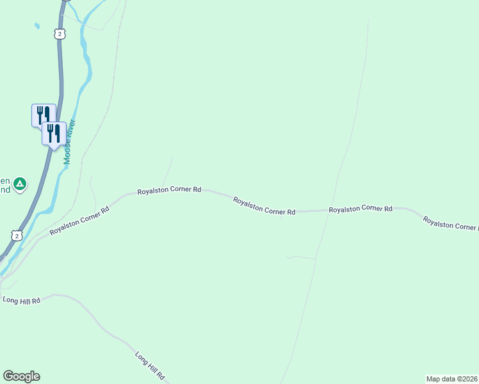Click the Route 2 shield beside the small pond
pyautogui.click(x=60, y=33)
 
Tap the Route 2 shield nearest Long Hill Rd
pyautogui.click(x=17, y=236)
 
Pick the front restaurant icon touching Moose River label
pyautogui.click(x=54, y=133)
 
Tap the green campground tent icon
pyautogui.click(x=20, y=184)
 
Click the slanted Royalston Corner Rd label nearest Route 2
pyautogui.click(x=79, y=221)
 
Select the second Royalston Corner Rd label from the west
pyautogui.click(x=170, y=190)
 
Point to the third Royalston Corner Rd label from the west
pyautogui.click(x=264, y=206)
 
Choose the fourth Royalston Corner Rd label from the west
pyautogui.click(x=360, y=209)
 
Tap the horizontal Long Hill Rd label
pyautogui.click(x=21, y=300)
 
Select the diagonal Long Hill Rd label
pyautogui.click(x=150, y=365)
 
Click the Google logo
pyautogui.click(x=21, y=376)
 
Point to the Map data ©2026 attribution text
pyautogui.click(x=451, y=379)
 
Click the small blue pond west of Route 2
pyautogui.click(x=37, y=26)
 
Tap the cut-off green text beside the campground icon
pyautogui.click(x=5, y=185)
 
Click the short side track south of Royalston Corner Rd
pyautogui.click(x=301, y=257)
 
